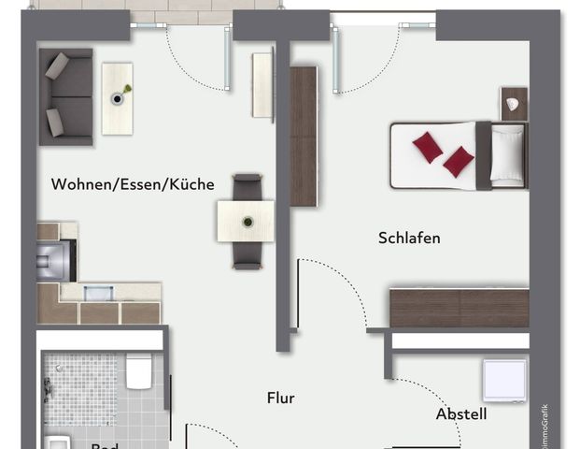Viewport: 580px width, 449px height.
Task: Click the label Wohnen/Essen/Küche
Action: (x=133, y=184)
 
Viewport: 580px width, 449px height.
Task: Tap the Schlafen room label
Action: (x=409, y=238)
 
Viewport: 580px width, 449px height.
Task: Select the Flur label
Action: (x=280, y=398)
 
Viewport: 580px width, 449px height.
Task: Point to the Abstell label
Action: (x=461, y=413)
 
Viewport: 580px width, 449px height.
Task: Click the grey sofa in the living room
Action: (x=66, y=96)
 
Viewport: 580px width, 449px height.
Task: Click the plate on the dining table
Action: (x=247, y=222)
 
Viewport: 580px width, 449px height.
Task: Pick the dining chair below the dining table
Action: (x=247, y=255)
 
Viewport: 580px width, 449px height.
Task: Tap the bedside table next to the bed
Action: (x=514, y=102)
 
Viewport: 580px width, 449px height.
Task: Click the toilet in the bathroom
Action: (x=141, y=372)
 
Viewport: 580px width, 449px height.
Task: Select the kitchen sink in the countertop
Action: (x=98, y=293)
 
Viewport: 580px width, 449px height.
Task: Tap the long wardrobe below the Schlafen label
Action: (x=459, y=308)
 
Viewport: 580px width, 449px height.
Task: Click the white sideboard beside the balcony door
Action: (x=262, y=85)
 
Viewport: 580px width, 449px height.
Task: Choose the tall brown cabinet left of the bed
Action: (x=304, y=137)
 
